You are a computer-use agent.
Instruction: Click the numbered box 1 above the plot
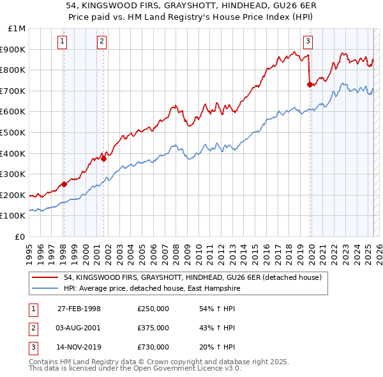click(x=63, y=42)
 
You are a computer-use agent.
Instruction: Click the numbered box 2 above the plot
click(x=102, y=42)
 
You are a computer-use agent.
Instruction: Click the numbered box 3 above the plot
click(x=308, y=42)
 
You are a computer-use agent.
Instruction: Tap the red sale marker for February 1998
click(x=64, y=185)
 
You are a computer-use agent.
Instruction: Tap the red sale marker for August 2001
click(x=103, y=158)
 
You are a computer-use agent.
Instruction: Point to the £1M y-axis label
click(x=17, y=29)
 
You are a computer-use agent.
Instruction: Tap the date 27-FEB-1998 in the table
click(x=79, y=309)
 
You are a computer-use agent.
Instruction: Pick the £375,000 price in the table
click(x=153, y=328)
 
